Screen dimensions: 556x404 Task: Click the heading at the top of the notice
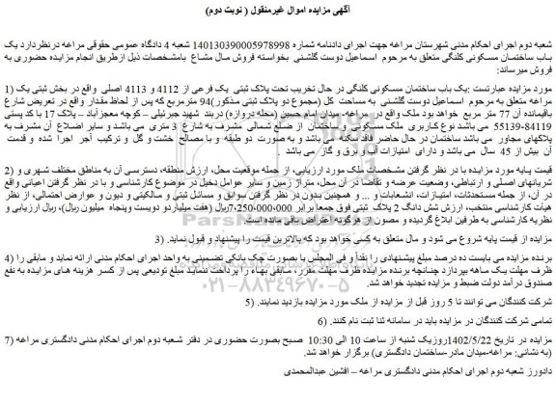278,8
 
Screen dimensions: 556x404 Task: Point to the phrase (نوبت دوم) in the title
208,8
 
